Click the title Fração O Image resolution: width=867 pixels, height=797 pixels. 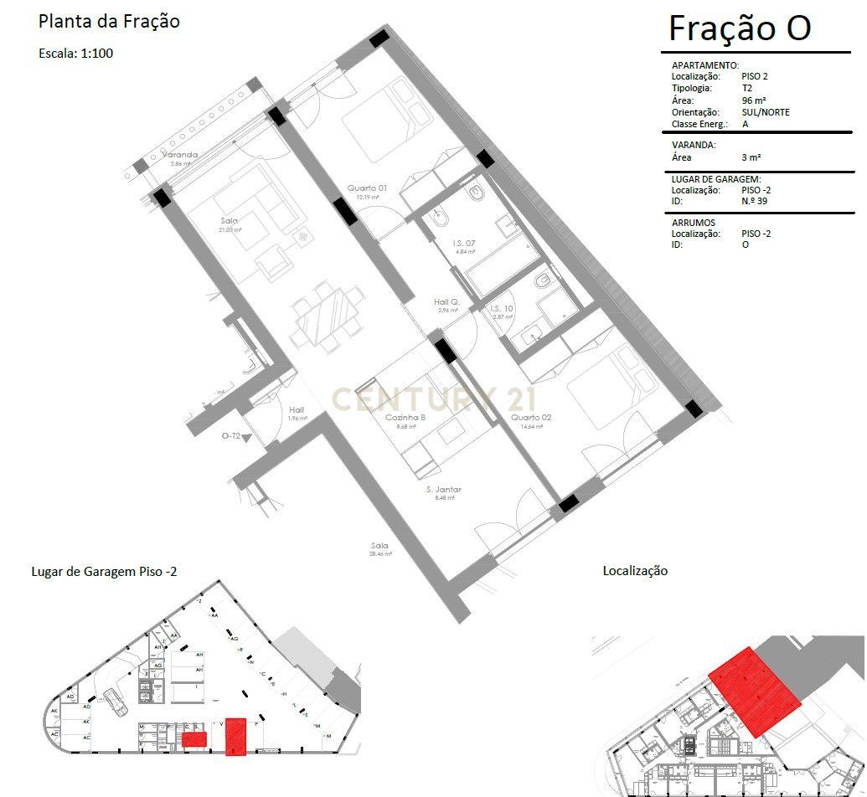click(x=739, y=28)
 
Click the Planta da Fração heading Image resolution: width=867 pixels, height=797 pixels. click(x=109, y=22)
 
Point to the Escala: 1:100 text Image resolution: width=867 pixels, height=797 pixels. click(x=75, y=53)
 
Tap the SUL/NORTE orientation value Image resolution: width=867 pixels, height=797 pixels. click(x=765, y=112)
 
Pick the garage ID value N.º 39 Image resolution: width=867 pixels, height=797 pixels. click(x=756, y=202)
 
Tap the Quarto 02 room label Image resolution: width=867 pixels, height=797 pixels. click(x=531, y=417)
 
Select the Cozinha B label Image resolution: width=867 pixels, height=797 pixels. click(x=405, y=418)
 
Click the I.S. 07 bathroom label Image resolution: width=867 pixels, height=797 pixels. click(x=465, y=244)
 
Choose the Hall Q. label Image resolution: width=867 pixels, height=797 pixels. click(x=447, y=301)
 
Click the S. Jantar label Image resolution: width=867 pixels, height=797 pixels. click(x=443, y=489)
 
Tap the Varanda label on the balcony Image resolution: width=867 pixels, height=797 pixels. click(x=180, y=155)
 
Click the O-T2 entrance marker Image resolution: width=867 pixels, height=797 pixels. click(x=232, y=436)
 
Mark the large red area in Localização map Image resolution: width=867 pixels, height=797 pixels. click(x=754, y=692)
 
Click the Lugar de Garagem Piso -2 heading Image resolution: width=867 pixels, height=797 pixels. click(x=104, y=571)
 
